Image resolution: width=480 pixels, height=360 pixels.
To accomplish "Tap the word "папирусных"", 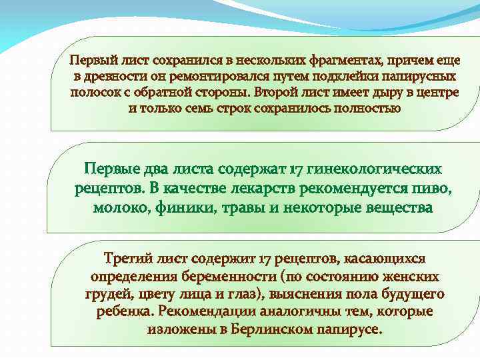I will pos(420,76).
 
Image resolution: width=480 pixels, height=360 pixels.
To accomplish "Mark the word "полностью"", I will pos(365,107).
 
